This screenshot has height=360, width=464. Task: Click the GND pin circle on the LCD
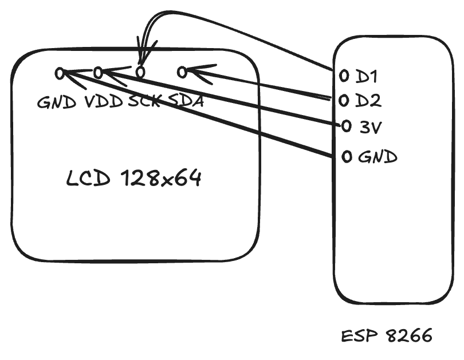[60, 73]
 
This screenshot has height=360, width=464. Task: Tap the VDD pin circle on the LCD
[99, 73]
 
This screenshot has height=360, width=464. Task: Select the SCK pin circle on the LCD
[140, 72]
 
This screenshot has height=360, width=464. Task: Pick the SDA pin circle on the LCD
[182, 72]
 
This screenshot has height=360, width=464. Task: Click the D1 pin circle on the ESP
[344, 76]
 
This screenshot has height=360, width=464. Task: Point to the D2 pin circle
[344, 101]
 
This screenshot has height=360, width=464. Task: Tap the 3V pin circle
[347, 126]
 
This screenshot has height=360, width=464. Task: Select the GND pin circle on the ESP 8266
[347, 156]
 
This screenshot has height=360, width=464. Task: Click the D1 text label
[367, 76]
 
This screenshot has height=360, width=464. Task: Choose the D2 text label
[368, 101]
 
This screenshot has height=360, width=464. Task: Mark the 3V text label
[371, 128]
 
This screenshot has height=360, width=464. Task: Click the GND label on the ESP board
[378, 157]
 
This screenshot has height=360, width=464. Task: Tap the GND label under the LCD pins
[57, 102]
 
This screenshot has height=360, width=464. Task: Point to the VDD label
[104, 102]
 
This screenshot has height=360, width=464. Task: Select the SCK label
[144, 101]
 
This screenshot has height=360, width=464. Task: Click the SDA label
[185, 101]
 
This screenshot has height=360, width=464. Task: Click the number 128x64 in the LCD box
[162, 178]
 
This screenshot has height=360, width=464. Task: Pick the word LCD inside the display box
[88, 179]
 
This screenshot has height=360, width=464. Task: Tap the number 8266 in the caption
[409, 336]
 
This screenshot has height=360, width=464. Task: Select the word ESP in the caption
[360, 337]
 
